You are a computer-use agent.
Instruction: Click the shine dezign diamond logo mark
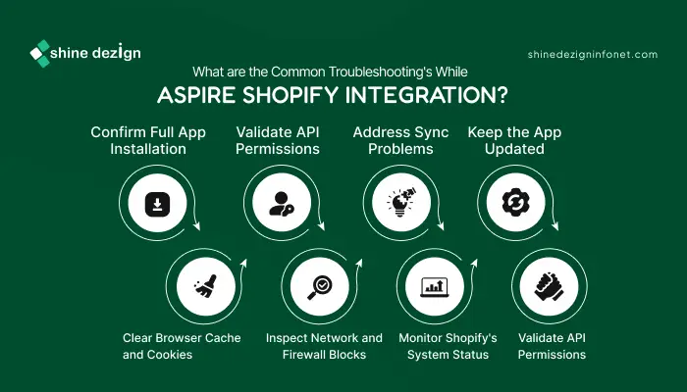coord(40,53)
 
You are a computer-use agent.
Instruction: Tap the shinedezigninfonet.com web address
coord(593,55)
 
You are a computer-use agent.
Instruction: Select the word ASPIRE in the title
coord(196,95)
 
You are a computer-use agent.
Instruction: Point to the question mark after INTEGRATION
coord(502,95)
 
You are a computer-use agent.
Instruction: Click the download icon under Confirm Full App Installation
coord(157,204)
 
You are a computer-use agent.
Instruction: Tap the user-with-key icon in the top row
coord(282,204)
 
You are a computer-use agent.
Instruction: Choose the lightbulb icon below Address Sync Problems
coord(401,203)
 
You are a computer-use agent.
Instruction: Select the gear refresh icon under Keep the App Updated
coord(515,203)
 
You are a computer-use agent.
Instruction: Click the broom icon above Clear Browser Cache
coord(205,286)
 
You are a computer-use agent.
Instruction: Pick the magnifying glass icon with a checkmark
coord(319,287)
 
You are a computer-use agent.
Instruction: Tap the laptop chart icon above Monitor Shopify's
coord(434,287)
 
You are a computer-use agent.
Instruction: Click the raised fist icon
coord(549,286)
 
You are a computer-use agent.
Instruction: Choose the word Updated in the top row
coord(514,149)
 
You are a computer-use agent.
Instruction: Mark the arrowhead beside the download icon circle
coord(196,226)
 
